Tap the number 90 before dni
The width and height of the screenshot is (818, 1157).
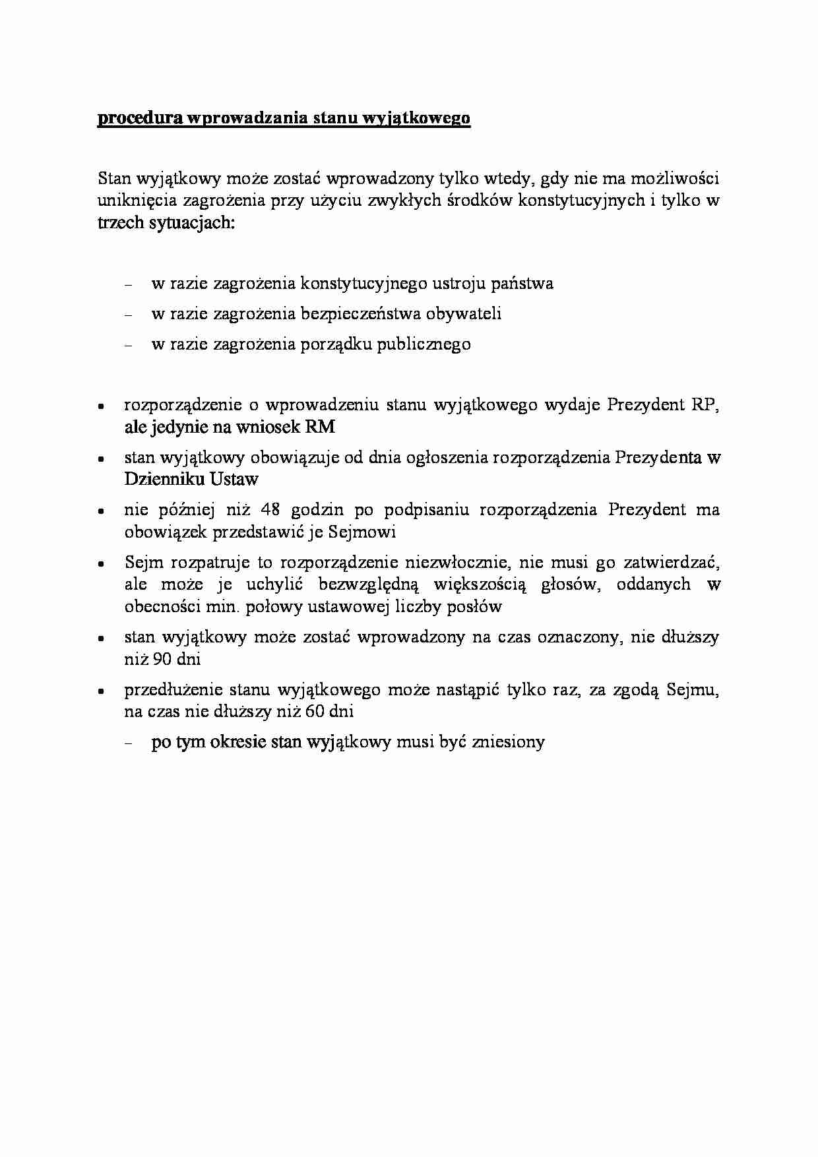[162, 659]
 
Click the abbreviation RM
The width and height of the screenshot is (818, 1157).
[319, 427]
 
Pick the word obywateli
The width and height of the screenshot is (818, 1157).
[464, 314]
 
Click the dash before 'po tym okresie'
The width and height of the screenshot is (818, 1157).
[129, 743]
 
